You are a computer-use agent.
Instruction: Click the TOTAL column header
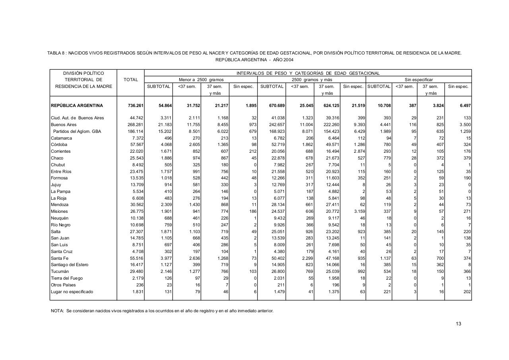point(130,80)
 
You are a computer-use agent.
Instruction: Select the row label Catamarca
point(60,138)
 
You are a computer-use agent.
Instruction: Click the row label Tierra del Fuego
point(66,278)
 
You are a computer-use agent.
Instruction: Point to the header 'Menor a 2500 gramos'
point(201,80)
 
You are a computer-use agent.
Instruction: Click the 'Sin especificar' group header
point(419,80)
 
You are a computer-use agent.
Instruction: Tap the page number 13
point(458,324)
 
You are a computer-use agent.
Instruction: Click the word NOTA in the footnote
point(57,311)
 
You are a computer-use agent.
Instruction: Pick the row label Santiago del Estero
point(69,265)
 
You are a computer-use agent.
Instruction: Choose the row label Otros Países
point(63,285)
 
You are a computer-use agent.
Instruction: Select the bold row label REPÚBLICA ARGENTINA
point(77,105)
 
